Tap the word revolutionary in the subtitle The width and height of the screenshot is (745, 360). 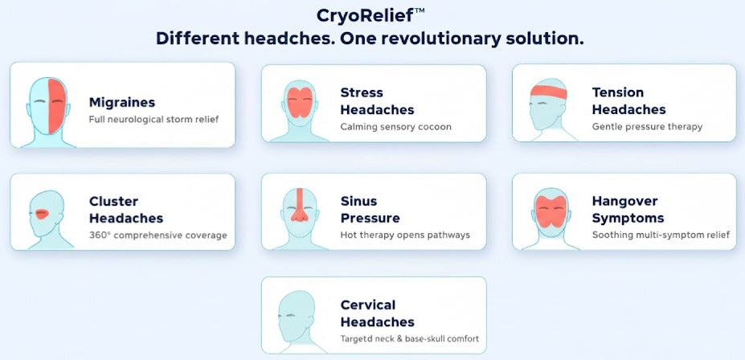pyautogui.click(x=445, y=38)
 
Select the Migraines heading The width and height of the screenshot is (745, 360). pyautogui.click(x=122, y=102)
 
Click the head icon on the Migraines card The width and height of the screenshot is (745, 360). pyautogui.click(x=50, y=110)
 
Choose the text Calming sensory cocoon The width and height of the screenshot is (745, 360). pyautogui.click(x=395, y=126)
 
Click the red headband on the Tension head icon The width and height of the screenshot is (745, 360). pyautogui.click(x=549, y=92)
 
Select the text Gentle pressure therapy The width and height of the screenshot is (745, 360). pyautogui.click(x=647, y=126)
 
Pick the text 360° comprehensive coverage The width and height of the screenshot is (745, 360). pyautogui.click(x=158, y=235)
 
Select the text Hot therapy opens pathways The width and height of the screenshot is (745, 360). pyautogui.click(x=405, y=235)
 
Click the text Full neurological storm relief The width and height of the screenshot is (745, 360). pyautogui.click(x=154, y=120)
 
